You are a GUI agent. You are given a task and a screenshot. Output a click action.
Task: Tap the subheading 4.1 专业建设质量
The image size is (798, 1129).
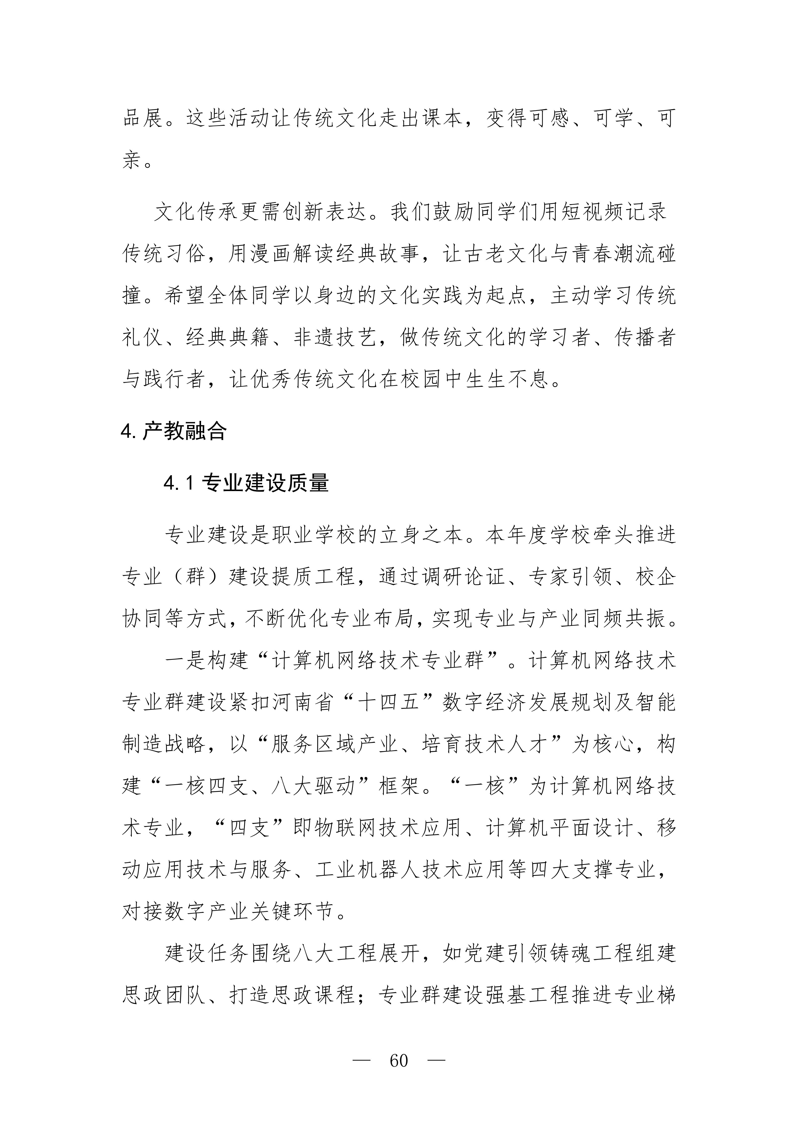point(246,483)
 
